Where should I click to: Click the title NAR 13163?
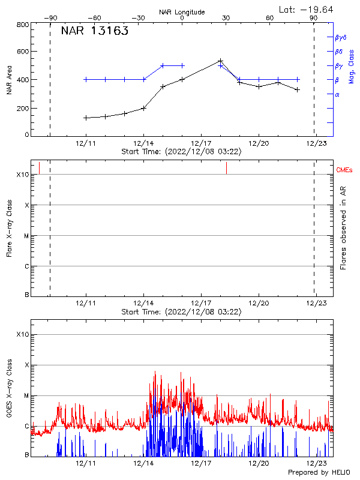94,31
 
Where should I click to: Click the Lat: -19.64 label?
307,9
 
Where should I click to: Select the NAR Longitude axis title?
182,12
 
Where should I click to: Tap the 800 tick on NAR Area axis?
23,25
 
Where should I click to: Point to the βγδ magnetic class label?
340,37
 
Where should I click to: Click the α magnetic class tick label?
337,95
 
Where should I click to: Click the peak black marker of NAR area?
220,61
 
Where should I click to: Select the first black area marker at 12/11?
86,118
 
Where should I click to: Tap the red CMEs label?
345,171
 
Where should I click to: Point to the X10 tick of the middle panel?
22,175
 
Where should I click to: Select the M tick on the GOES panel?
26,395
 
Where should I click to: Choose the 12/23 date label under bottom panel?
316,464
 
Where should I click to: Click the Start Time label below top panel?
181,152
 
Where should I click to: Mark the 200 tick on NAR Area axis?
23,109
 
